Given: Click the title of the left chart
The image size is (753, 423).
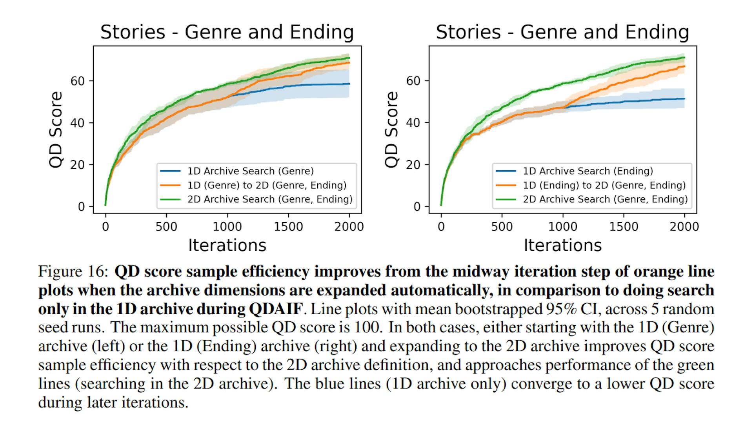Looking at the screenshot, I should point(227,32).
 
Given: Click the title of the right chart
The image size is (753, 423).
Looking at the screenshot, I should point(562,32).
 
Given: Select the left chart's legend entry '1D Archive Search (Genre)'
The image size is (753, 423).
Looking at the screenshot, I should point(250,171).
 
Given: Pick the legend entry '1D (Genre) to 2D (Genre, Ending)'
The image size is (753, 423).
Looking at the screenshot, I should point(267,185).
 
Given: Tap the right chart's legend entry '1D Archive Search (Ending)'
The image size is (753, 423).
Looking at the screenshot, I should point(587,171).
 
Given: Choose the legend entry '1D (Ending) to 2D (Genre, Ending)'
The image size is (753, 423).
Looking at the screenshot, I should point(604,185).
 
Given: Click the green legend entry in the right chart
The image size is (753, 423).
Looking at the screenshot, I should point(605,199).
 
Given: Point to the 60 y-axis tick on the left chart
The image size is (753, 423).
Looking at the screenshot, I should point(78,81).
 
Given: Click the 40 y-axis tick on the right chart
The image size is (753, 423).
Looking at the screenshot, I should point(413,123).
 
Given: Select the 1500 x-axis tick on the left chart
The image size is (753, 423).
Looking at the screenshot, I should point(288,227).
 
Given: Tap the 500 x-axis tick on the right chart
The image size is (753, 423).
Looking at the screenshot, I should point(502,227).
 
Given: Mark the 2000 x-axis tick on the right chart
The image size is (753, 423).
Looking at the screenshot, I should point(684,227).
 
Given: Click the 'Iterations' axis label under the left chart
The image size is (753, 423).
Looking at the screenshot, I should point(227,245).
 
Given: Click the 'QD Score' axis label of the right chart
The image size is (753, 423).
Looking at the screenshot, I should point(391,129).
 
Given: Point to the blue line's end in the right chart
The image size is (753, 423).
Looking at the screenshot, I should point(684,98).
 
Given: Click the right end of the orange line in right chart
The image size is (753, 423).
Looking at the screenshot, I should point(684,66).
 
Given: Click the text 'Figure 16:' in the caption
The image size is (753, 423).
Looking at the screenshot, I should point(73,272).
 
